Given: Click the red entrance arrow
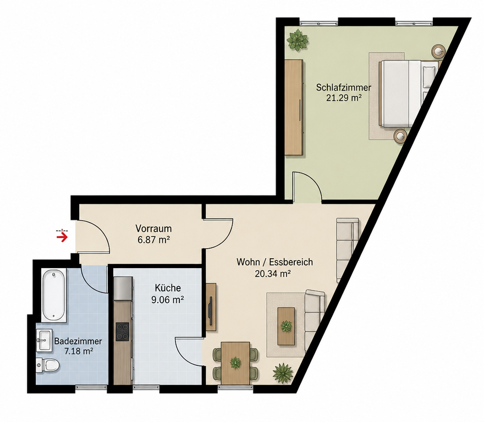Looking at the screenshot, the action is tap(62, 237).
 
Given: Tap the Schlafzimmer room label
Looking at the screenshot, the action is tap(344, 87).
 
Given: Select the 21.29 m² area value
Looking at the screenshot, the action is tap(344, 98).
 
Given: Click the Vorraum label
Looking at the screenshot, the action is tap(153, 229).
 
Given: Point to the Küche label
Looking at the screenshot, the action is tap(168, 288).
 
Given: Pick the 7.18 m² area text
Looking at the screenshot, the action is tap(79, 351).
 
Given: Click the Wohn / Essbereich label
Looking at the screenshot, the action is tap(274, 262).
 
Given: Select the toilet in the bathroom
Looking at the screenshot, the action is tap(48, 365).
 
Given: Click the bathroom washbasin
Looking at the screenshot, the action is tap(44, 340).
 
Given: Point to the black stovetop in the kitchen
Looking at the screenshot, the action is tap(123, 331).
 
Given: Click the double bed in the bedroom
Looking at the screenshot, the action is tap(408, 93).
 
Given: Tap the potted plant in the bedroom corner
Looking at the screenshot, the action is tap(298, 40).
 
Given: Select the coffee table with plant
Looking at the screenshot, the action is tap(286, 326).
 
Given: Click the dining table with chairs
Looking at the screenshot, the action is tap(235, 363).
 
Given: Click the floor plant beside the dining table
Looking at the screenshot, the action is tap(283, 373).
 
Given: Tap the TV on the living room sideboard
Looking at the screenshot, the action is tap(211, 311).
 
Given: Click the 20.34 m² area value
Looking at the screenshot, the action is tap(273, 273).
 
